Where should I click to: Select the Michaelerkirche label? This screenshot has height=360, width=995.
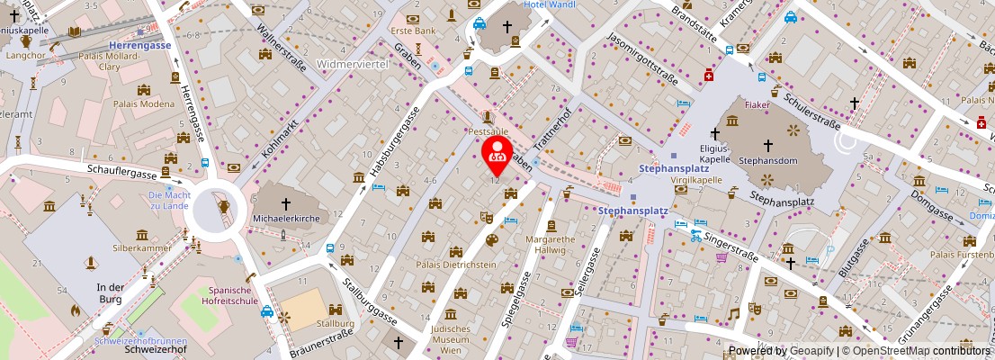coord(286,219)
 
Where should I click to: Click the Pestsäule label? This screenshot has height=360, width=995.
coord(488,131)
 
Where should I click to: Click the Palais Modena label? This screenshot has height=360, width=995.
coord(144,103)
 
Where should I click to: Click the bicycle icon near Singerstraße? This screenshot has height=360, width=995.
coord(695,236)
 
